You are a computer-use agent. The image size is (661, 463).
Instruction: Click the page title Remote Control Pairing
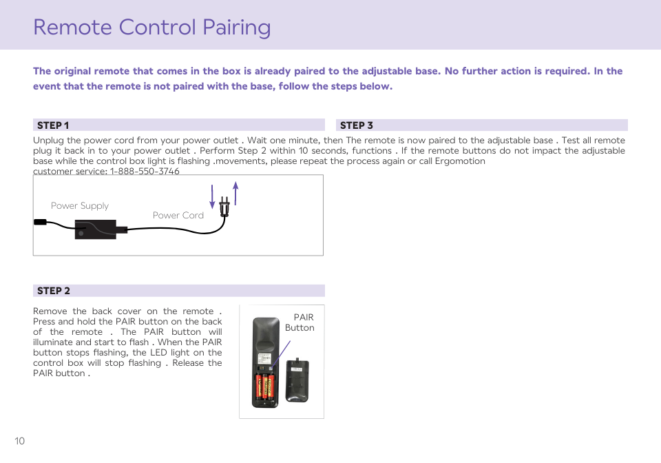tap(151, 27)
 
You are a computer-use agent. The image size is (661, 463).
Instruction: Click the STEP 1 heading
tap(53, 125)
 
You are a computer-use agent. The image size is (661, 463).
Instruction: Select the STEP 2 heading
tap(54, 291)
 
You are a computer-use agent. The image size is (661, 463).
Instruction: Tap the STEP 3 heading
tap(357, 125)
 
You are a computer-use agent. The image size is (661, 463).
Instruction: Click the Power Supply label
tap(80, 205)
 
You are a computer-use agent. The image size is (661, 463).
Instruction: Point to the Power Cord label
tap(178, 215)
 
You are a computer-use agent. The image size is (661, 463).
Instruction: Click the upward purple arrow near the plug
tap(235, 193)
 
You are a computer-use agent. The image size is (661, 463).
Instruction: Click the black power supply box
tap(96, 229)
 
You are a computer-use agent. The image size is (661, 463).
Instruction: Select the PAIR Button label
tap(300, 322)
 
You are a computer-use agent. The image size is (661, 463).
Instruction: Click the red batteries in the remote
tap(265, 389)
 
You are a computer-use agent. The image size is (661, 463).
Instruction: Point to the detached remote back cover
tap(297, 380)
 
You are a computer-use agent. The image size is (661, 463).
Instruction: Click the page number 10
tap(19, 441)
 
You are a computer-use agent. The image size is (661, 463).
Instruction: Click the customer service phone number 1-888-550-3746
tap(145, 171)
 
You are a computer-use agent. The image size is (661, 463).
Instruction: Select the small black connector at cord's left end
tap(40, 222)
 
